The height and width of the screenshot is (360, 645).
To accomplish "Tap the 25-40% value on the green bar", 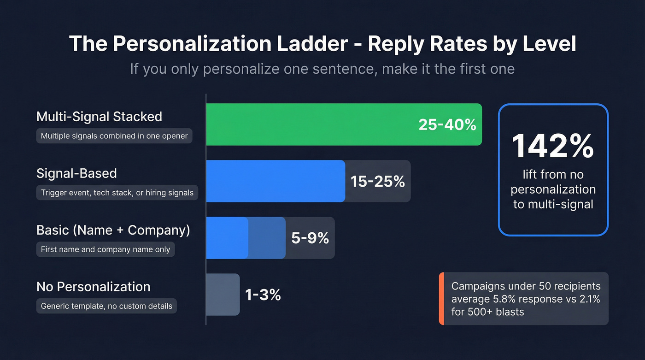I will [447, 124].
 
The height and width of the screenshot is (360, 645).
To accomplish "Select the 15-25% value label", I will [377, 181].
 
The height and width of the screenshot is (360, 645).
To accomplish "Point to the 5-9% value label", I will [310, 238].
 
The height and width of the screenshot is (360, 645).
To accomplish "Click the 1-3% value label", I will [263, 295].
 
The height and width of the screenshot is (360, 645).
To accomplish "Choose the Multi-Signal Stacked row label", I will [99, 117].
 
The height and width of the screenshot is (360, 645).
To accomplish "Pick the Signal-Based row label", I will [76, 173].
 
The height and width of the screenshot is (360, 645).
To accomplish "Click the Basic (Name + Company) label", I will [113, 230].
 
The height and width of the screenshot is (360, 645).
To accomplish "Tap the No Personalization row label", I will [93, 287].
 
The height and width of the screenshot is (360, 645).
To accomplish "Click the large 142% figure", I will [553, 146].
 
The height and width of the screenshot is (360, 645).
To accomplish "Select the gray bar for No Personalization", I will [223, 295].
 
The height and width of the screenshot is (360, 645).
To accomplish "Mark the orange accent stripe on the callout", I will [441, 299].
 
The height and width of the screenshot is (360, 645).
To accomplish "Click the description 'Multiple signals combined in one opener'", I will [114, 136].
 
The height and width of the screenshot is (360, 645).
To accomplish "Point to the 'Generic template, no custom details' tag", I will [106, 306].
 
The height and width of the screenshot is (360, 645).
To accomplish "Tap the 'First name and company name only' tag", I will [106, 249].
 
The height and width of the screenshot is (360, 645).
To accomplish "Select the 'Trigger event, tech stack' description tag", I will [117, 193].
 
